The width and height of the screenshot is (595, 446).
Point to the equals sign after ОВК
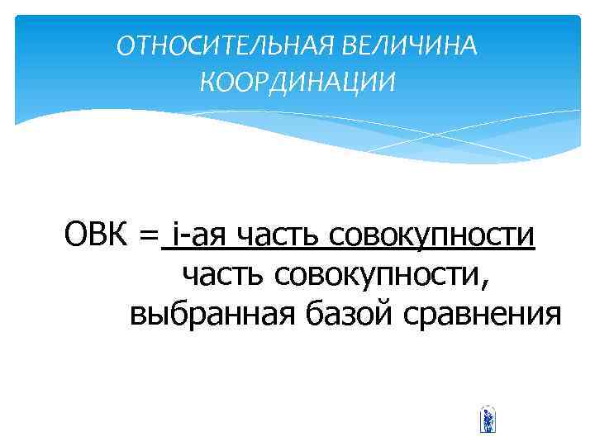tap(148, 239)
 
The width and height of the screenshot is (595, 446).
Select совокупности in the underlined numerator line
tap(433, 239)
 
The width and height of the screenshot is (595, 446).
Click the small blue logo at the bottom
tap(488, 420)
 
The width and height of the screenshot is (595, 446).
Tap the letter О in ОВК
tap(77, 237)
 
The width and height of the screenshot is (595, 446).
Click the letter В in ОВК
tap(99, 237)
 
